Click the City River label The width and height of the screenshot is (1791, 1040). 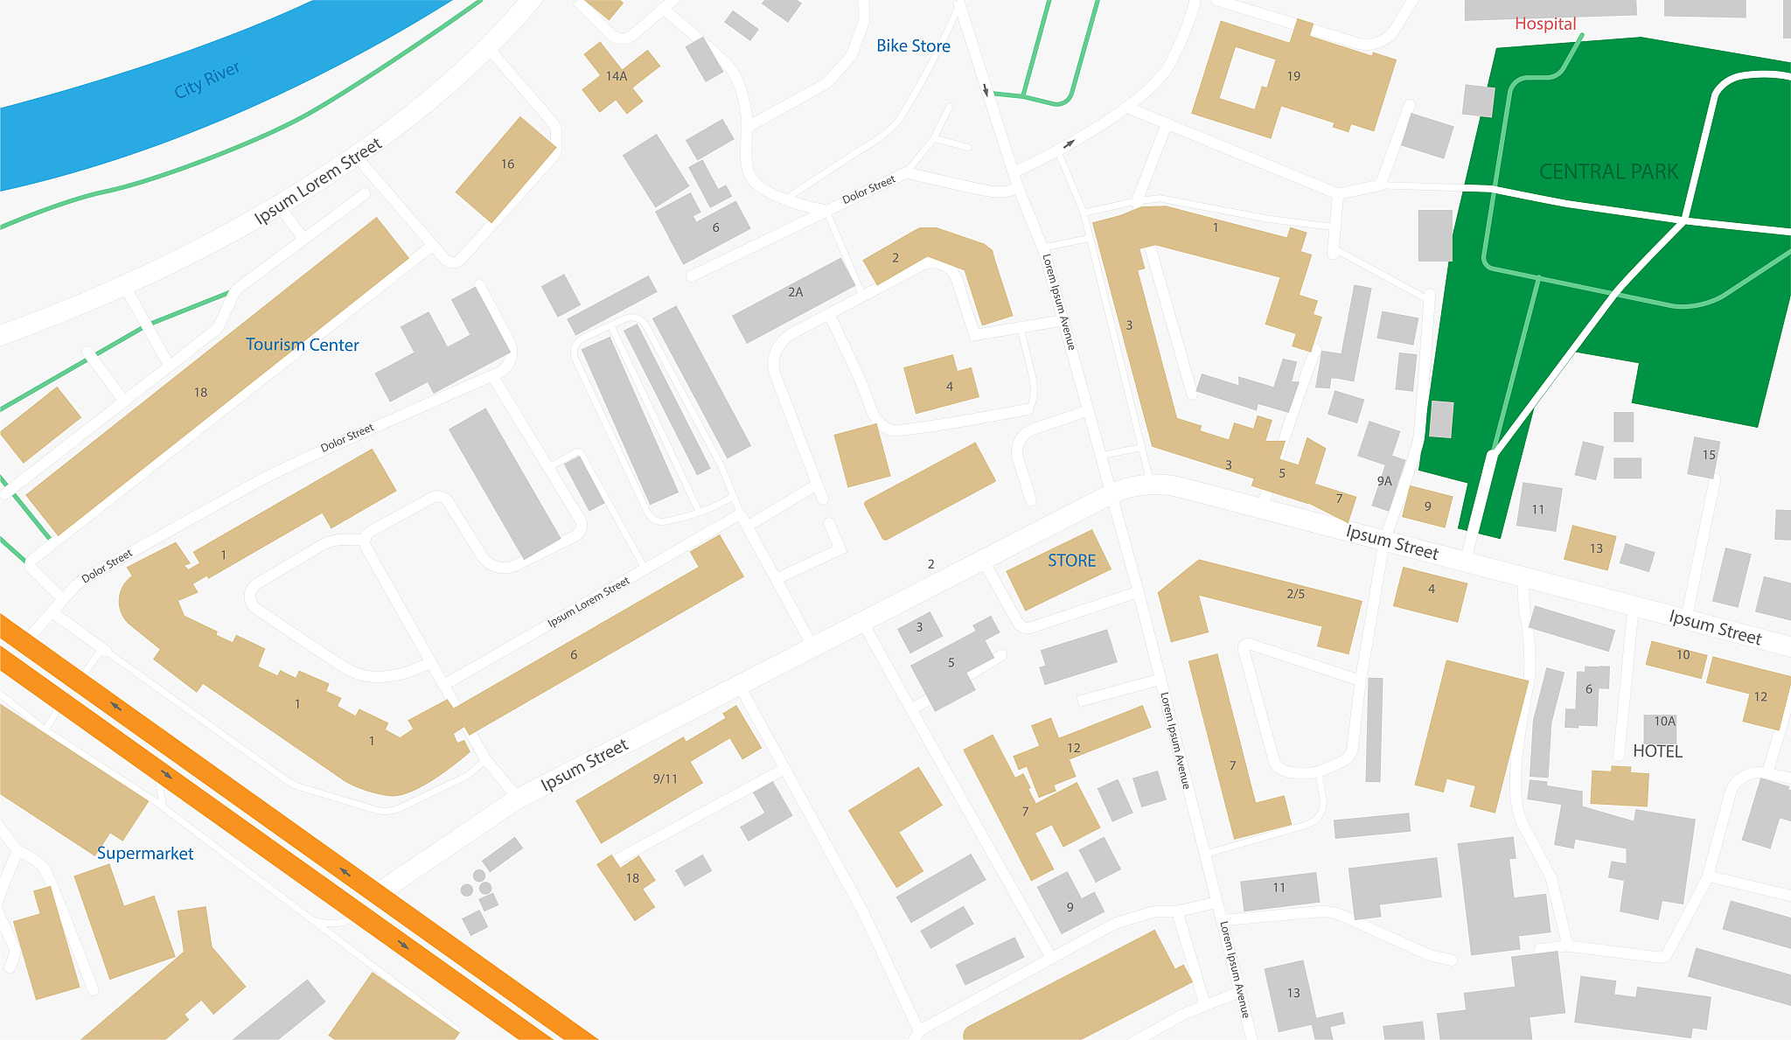point(206,80)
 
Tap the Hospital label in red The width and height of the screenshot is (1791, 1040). point(1545,24)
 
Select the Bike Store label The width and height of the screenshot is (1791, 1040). point(913,46)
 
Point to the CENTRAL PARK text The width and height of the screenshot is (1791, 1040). point(1608,171)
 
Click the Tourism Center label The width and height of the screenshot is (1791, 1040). point(302,345)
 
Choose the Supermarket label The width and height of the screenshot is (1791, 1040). point(145,854)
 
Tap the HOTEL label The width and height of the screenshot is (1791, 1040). point(1657,751)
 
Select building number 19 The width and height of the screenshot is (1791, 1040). point(1293,77)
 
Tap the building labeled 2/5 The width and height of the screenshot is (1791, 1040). point(1294,598)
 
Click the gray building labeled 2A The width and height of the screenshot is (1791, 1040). point(794,297)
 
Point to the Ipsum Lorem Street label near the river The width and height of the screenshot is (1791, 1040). point(318,182)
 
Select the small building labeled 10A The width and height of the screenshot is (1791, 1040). point(1664,722)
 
